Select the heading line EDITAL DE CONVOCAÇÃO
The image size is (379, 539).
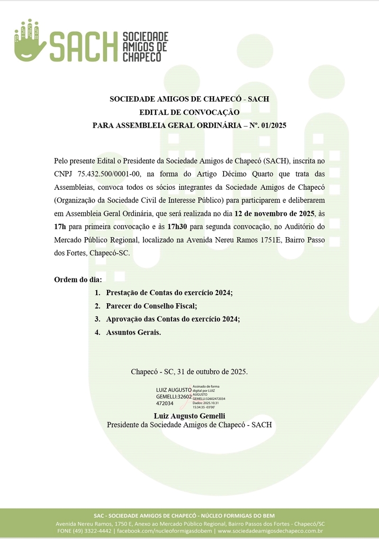[x=189, y=112]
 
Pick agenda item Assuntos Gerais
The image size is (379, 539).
[x=134, y=333]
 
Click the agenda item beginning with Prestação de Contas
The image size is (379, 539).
[x=169, y=293]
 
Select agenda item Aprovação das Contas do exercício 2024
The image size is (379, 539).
[x=173, y=319]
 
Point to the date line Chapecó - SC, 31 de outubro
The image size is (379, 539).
[x=189, y=372]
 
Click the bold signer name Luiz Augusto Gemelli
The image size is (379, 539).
[x=189, y=416]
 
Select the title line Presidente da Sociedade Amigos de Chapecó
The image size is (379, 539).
[x=189, y=425]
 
